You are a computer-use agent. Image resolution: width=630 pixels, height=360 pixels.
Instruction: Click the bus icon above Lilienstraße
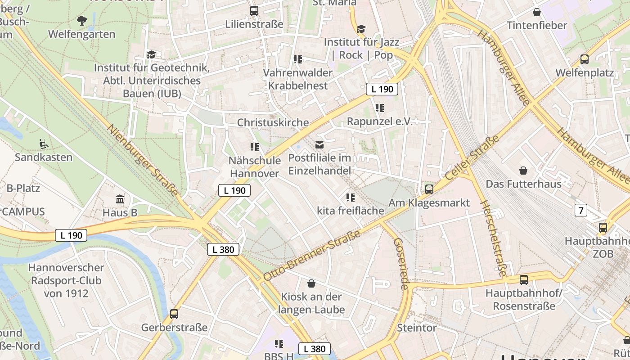tap(254, 10)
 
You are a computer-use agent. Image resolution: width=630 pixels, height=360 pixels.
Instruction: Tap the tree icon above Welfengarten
tap(82, 20)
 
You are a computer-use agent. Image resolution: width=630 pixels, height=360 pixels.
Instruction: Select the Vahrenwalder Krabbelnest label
tap(297, 79)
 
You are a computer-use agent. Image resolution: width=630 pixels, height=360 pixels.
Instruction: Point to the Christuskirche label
tap(273, 122)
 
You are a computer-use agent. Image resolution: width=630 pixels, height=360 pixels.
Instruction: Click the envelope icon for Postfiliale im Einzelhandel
tap(319, 145)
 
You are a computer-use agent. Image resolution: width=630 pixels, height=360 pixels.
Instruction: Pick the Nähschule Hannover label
tap(255, 166)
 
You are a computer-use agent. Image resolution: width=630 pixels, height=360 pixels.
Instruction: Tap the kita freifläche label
tap(351, 211)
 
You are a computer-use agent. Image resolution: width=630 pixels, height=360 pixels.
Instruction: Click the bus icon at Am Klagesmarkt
tap(429, 189)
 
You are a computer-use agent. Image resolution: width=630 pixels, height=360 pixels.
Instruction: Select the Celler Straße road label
tap(472, 157)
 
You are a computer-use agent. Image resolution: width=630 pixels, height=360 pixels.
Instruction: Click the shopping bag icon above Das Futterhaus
tap(523, 171)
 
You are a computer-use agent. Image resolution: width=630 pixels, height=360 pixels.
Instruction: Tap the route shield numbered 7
tap(581, 210)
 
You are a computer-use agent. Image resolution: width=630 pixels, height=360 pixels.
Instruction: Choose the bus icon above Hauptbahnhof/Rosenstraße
tap(524, 280)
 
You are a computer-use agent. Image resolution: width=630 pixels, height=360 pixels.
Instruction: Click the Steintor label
tap(417, 328)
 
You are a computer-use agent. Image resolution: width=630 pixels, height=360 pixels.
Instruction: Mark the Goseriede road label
tap(401, 263)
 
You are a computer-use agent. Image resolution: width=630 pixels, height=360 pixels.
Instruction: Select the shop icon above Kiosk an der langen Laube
tap(311, 283)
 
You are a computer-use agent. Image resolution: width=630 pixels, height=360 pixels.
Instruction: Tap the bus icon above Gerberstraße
tap(174, 314)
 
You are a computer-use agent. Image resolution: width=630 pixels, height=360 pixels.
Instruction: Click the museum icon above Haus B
tap(120, 199)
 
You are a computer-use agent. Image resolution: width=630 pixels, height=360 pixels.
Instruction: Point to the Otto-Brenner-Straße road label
tap(312, 255)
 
